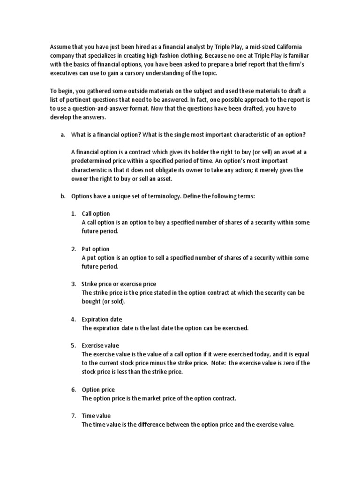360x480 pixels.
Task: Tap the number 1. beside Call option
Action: click(74, 214)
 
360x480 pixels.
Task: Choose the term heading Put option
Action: click(95, 249)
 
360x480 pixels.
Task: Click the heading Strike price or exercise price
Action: click(119, 284)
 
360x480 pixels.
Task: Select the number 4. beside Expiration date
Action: click(74, 319)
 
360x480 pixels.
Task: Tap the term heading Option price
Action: click(98, 390)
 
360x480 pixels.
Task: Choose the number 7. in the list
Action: click(74, 416)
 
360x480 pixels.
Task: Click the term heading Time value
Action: click(96, 416)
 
